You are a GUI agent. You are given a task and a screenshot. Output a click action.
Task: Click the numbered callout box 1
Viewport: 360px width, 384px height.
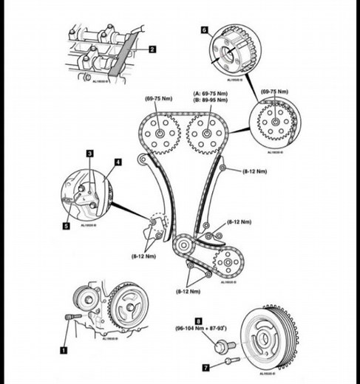coord(64,343)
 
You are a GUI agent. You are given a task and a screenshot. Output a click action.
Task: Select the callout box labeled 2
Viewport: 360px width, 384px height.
coord(152,49)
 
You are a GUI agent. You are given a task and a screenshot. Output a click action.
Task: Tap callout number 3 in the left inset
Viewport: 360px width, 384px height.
coord(89,153)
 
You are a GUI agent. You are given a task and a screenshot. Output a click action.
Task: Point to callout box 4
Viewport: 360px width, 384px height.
coord(118,160)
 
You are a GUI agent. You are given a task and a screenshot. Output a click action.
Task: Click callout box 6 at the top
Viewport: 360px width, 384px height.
coord(205,30)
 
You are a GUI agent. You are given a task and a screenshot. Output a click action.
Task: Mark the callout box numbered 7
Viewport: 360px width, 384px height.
coord(207,365)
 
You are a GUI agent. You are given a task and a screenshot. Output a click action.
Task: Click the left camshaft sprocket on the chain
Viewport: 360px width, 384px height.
coord(160,135)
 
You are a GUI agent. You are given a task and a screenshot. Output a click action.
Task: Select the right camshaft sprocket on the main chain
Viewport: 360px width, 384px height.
coord(206,136)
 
